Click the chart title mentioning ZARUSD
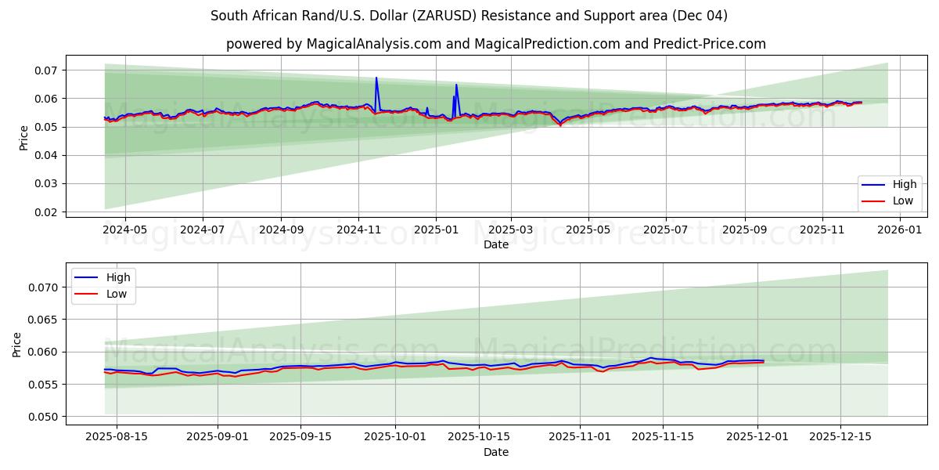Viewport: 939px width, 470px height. (x=469, y=16)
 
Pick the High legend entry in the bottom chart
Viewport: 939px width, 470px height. (x=118, y=277)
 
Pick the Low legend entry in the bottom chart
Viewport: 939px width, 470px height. (x=117, y=294)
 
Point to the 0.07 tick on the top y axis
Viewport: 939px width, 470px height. (x=46, y=70)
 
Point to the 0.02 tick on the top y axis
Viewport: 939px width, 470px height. (x=46, y=212)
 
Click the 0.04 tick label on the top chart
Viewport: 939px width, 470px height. (x=46, y=155)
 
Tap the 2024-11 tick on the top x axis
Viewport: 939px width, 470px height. (x=358, y=230)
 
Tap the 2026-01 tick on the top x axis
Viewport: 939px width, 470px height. (x=899, y=230)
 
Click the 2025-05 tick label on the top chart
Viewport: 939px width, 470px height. (x=588, y=230)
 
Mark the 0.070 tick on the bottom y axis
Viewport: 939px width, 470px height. (x=42, y=287)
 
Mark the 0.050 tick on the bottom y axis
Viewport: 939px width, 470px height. (x=42, y=417)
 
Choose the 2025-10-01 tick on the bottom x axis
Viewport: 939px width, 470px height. (x=395, y=437)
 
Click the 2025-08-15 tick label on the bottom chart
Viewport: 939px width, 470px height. (x=117, y=437)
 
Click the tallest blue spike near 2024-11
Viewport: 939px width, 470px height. (x=376, y=78)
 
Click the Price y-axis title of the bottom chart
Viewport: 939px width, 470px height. (x=17, y=345)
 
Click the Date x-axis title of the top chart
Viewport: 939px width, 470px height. (x=495, y=244)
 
